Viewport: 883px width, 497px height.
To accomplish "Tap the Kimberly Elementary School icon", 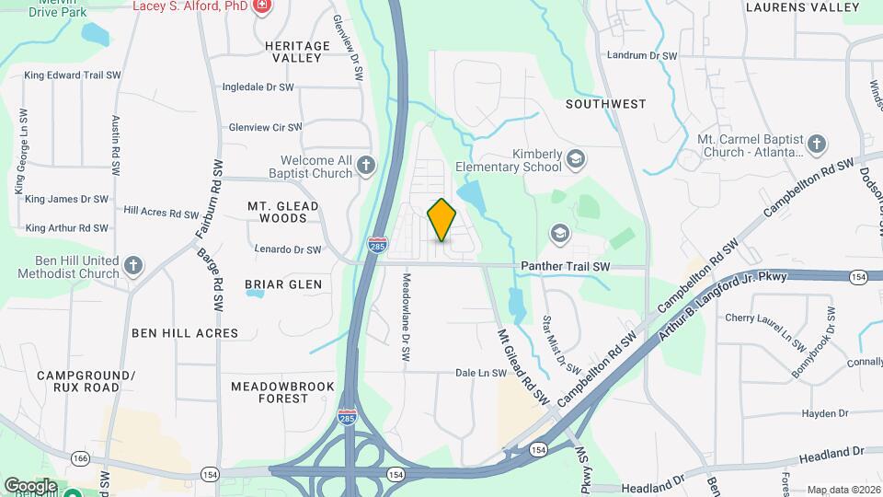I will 576,158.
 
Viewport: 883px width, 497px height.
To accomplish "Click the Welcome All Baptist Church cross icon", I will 366,166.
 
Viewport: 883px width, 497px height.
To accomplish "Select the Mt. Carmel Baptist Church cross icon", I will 816,144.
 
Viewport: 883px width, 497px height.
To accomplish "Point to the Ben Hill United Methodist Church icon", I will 133,266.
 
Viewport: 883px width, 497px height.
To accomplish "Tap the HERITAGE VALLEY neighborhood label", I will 297,52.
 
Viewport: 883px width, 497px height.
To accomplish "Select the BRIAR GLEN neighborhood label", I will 283,284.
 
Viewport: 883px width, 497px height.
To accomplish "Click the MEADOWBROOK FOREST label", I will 283,392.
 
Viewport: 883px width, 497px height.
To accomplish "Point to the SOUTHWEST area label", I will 606,104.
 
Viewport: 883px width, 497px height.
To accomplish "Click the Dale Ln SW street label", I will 481,373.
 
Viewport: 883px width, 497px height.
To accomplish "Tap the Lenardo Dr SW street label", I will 288,248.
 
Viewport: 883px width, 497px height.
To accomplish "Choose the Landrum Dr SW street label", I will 642,55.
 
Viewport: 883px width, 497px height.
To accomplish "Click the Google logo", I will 29,485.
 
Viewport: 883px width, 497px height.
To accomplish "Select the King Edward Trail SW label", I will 73,75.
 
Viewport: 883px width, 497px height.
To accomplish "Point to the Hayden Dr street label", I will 825,414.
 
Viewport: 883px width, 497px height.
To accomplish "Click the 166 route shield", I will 81,457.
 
